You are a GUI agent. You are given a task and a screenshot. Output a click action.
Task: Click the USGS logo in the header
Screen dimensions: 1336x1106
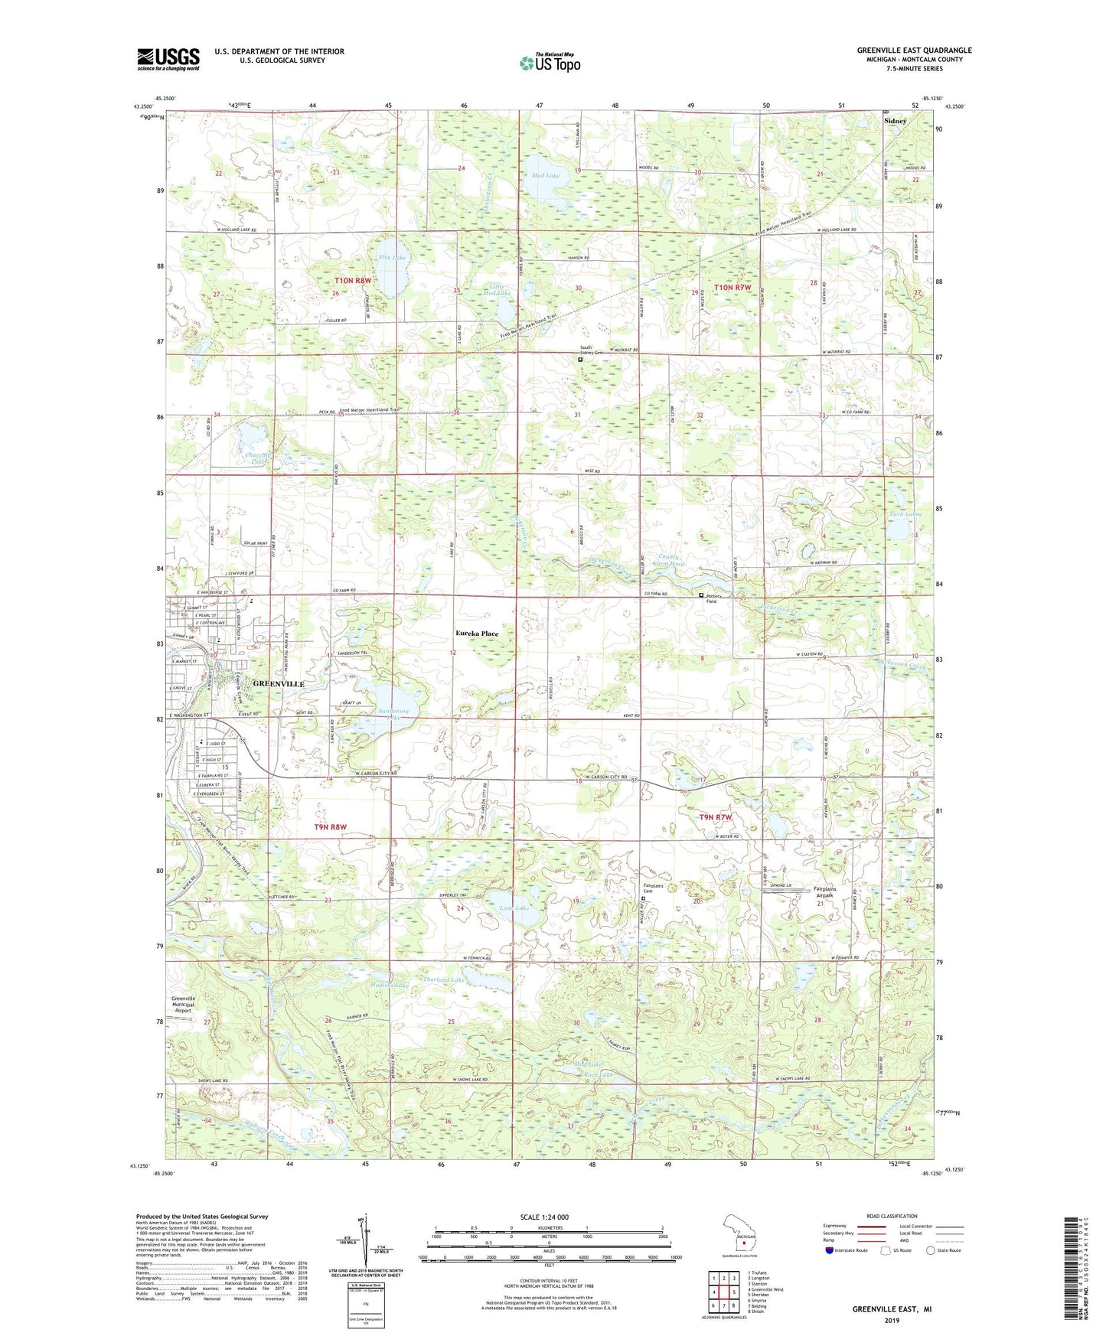click(x=168, y=59)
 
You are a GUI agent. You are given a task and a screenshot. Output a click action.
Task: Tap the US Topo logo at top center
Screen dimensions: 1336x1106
click(x=550, y=62)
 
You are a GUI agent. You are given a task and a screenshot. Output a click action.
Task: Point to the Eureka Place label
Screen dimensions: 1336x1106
click(x=477, y=634)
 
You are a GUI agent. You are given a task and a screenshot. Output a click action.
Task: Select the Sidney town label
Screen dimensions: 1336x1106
click(x=895, y=121)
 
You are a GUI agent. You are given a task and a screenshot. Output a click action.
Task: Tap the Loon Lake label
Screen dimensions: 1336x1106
click(x=513, y=908)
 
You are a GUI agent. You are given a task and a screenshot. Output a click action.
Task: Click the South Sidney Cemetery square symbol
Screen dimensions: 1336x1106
click(x=580, y=358)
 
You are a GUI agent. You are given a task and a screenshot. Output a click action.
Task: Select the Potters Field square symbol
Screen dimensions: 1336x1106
click(x=701, y=595)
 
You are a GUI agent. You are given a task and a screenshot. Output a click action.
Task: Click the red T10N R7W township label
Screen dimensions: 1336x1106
click(x=732, y=288)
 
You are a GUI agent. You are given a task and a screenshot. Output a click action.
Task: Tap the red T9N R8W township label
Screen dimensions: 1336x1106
click(x=330, y=826)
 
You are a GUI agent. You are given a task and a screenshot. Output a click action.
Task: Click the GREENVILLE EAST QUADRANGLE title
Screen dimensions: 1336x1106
click(x=914, y=51)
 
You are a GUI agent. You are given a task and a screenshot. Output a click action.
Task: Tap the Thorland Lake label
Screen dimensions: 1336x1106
click(x=444, y=979)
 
